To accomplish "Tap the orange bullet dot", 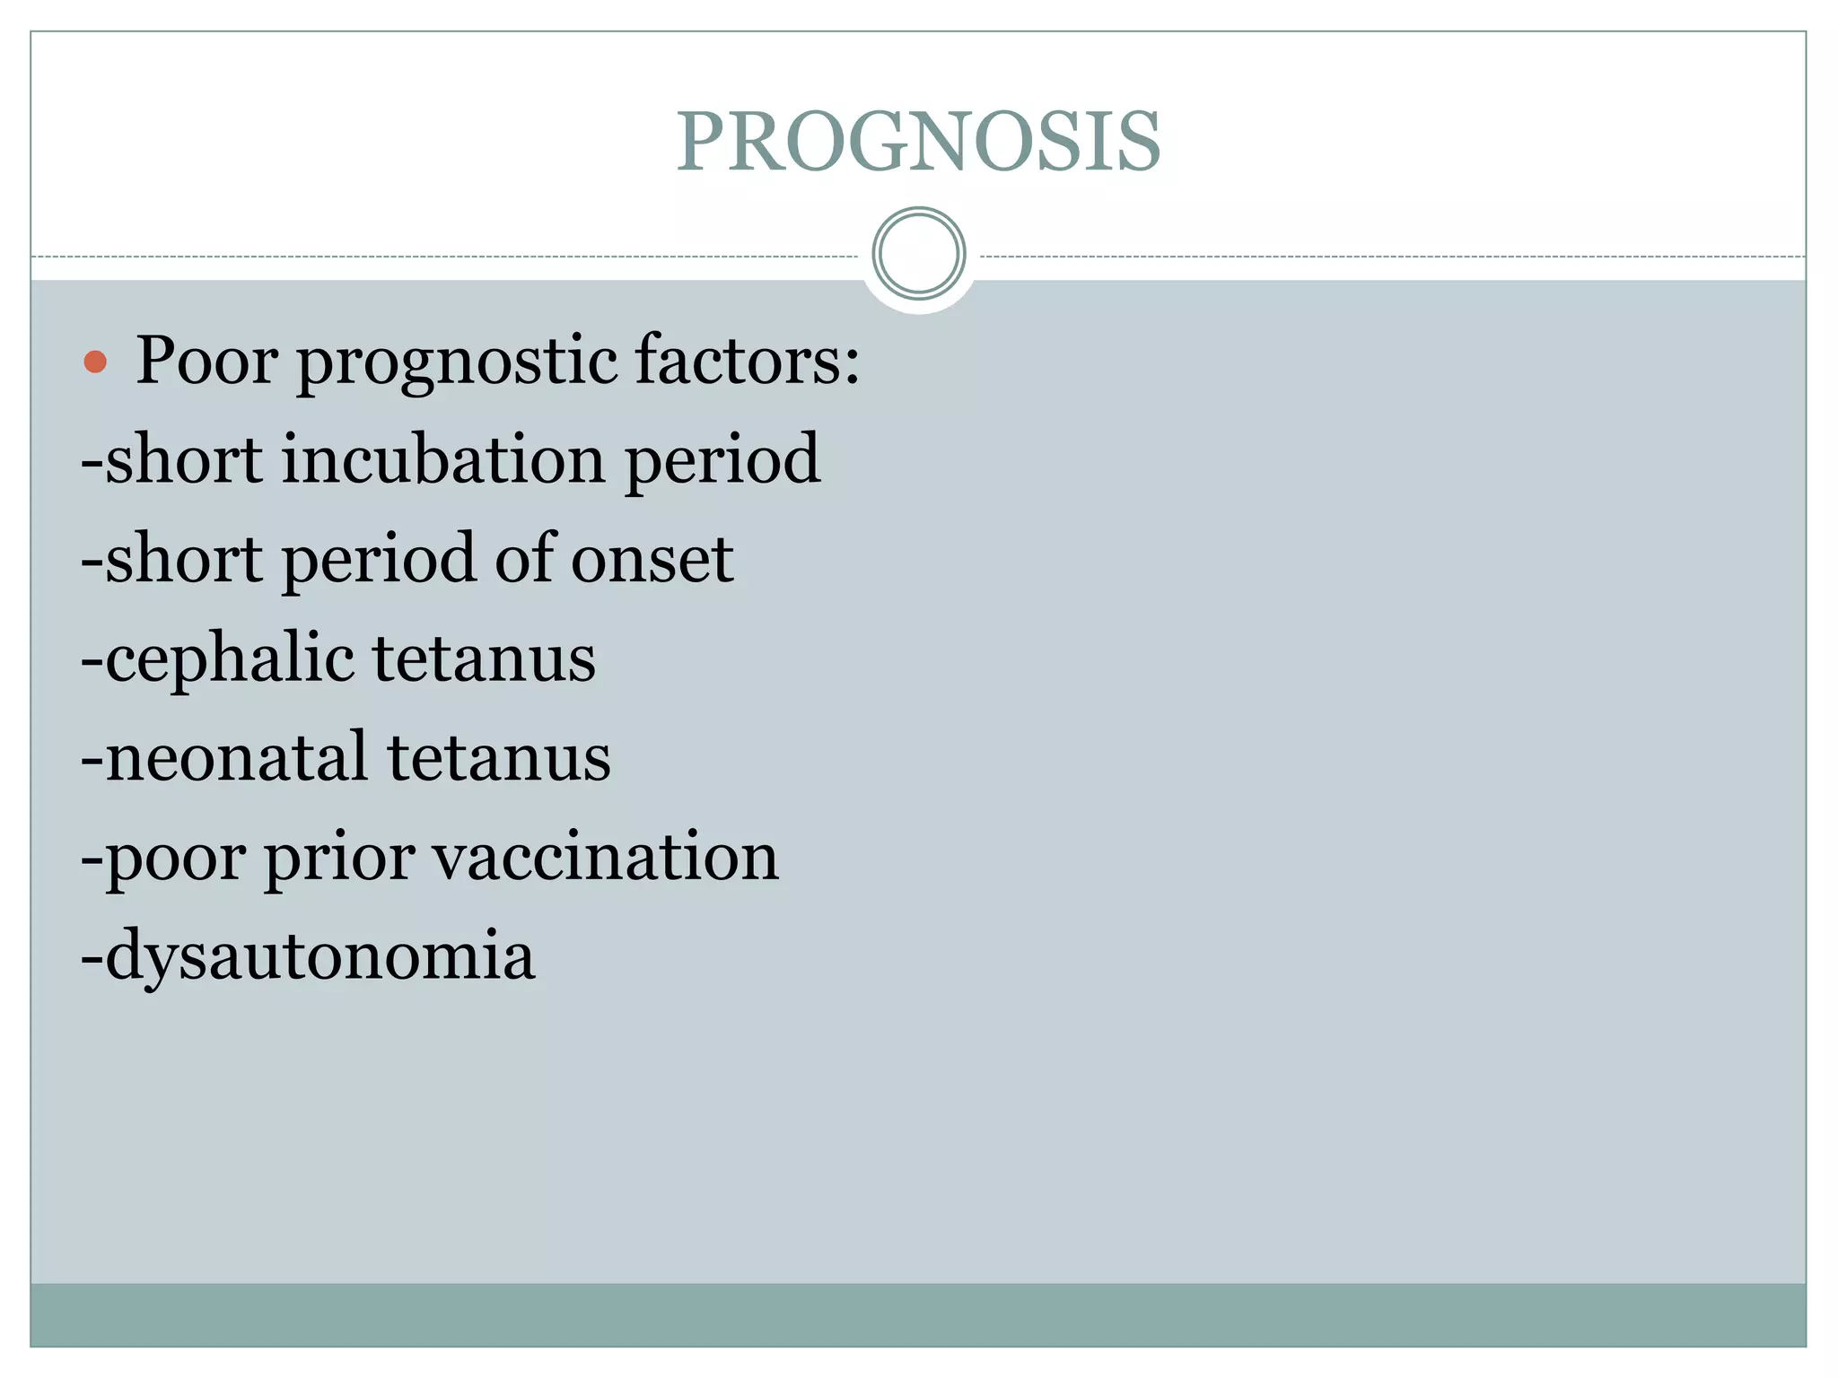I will (x=95, y=362).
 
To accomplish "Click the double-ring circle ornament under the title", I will (x=918, y=254).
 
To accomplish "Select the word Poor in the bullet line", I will (x=206, y=361).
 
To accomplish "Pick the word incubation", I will (x=443, y=459).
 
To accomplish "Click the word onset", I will (x=652, y=560).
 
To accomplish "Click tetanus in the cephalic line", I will (x=484, y=658).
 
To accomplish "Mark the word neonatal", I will (x=236, y=757).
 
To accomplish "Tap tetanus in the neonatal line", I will (x=499, y=757).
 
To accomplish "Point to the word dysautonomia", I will (x=319, y=956).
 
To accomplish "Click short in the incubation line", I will (x=183, y=459).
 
